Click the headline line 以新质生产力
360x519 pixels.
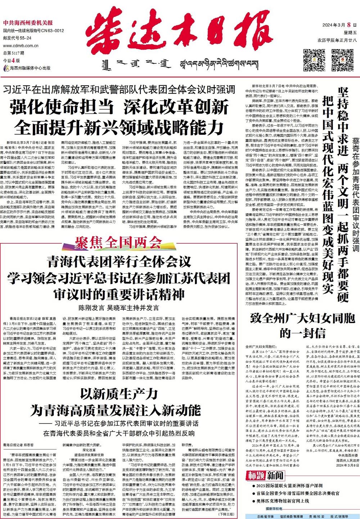[118, 395]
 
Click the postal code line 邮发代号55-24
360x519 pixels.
[17, 38]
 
